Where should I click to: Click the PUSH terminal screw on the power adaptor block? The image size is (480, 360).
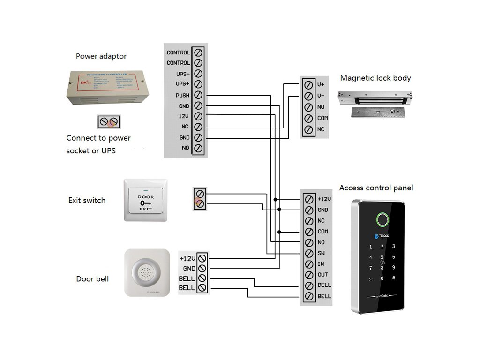pos(198,95)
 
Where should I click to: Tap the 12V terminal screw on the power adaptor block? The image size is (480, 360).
pos(198,116)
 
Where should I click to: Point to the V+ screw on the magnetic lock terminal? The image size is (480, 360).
pos(308,85)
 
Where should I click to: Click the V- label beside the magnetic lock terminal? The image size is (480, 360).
pos(321,96)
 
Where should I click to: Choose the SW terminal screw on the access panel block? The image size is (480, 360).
pos(309,253)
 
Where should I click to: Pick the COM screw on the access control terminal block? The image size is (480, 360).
pos(309,232)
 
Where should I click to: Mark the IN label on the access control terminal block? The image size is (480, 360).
pos(321,264)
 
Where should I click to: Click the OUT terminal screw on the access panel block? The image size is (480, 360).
pos(309,275)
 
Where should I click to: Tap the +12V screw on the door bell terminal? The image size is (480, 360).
pos(202,258)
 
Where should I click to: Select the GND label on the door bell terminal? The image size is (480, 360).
pos(189,269)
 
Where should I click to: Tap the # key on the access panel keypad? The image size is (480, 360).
pos(394,278)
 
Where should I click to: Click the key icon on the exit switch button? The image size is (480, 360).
pos(145,203)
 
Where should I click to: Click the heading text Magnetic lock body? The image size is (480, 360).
pos(375,78)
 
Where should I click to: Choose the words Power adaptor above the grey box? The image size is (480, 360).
pos(101,56)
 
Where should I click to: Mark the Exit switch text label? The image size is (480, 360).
pos(87,200)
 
